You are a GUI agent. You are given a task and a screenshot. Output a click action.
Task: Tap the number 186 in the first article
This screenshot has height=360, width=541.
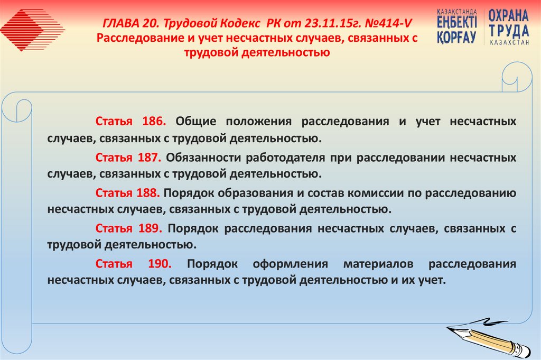pos(154,121)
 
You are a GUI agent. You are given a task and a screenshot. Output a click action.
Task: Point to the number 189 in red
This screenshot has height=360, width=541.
pos(150,228)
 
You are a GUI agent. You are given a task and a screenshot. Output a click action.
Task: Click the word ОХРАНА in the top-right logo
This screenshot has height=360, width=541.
pos(508,15)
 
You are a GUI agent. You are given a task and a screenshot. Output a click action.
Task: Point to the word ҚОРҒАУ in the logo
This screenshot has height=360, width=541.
pos(457,38)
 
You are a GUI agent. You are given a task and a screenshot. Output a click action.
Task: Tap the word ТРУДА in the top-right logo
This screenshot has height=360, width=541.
pos(508,30)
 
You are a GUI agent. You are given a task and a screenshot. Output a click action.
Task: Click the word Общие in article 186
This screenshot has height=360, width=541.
pos(196,121)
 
